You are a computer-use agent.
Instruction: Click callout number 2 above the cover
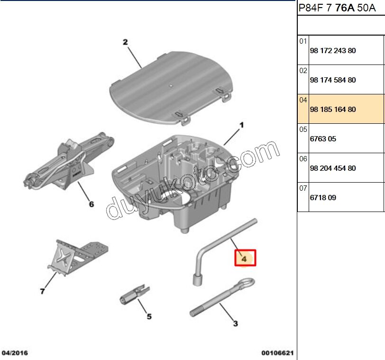click(125, 42)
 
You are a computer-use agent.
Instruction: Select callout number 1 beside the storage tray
click(241, 125)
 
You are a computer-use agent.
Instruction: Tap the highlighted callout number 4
click(244, 258)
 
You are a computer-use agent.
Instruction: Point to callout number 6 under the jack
click(92, 204)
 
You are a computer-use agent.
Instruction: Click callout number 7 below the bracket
click(43, 291)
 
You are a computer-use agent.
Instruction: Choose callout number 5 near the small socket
click(148, 316)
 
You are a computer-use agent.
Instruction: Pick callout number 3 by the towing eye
click(235, 324)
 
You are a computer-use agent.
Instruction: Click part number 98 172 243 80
click(332, 51)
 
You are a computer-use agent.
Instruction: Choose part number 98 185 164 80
click(332, 110)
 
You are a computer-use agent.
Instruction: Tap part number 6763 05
click(323, 139)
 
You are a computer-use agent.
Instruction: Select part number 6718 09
click(323, 198)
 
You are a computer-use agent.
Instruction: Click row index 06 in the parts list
click(303, 159)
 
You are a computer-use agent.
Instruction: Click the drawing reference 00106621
click(277, 353)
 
